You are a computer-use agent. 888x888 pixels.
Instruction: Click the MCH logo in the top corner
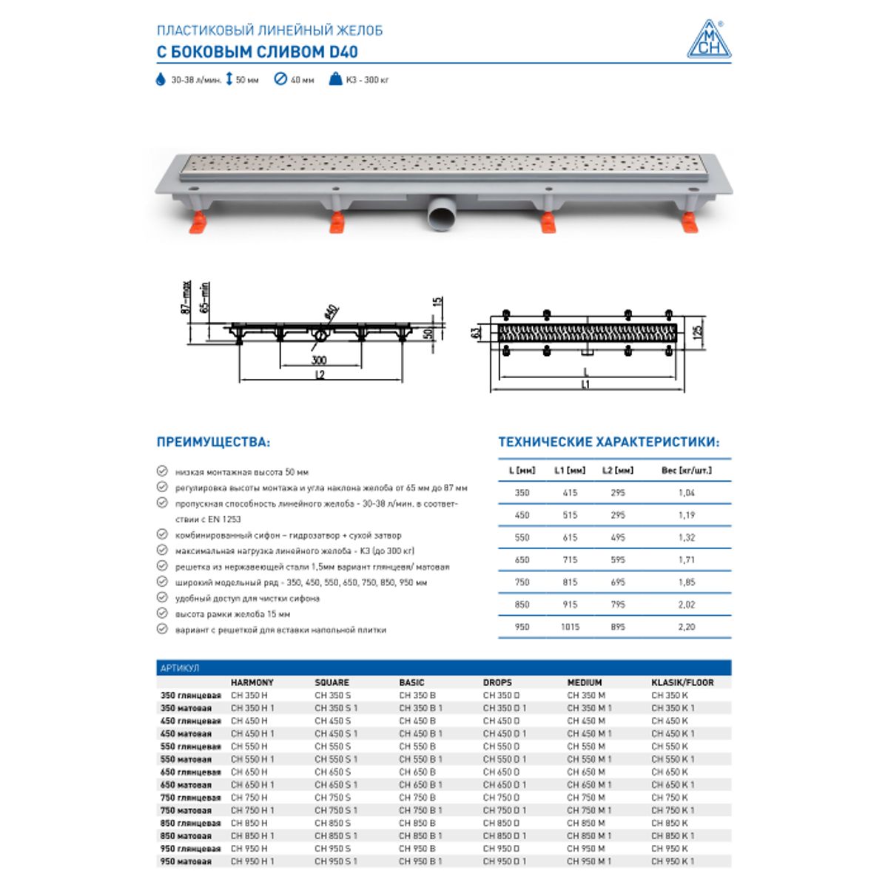coord(708,39)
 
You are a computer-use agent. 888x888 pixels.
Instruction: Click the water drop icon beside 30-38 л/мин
coord(161,80)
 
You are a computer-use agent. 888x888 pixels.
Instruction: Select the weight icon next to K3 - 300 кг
coord(335,80)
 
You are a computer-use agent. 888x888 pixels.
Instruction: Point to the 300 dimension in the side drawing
coord(319,360)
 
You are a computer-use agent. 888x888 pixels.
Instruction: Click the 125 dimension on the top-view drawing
coord(697,330)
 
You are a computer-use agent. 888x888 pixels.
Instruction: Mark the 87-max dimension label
coord(186,297)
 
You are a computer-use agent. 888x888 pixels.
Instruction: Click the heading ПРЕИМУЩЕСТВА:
coord(213,443)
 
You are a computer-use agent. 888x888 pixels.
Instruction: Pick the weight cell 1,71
coord(686,560)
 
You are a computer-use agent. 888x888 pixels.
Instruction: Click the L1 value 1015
coord(570,627)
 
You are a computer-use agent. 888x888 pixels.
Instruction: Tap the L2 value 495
coord(618,538)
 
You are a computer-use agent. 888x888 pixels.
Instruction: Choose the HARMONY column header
coord(252,682)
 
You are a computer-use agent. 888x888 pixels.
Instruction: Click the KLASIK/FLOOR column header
coord(682,682)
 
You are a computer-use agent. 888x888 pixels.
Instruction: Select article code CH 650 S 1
coord(336,785)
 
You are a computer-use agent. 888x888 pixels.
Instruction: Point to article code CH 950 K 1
coord(673,861)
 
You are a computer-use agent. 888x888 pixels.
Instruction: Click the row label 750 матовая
coord(186,810)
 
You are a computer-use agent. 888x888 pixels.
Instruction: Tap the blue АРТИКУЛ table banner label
coord(180,668)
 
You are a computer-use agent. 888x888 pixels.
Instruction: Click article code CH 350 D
coord(501,696)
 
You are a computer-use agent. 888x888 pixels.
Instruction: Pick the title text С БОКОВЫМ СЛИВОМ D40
coord(258,52)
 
